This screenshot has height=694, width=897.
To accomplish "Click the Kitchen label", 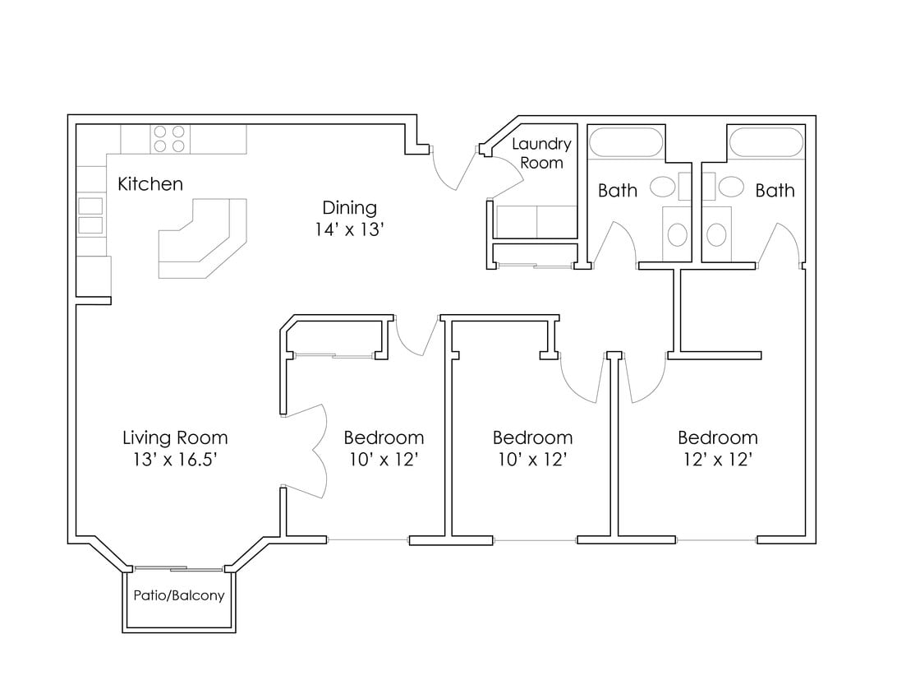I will [x=150, y=183].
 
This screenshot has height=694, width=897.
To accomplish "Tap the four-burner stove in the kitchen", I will [x=169, y=138].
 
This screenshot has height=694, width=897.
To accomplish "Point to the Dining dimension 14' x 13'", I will [x=349, y=230].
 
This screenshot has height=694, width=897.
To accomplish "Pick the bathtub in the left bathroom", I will [x=627, y=142].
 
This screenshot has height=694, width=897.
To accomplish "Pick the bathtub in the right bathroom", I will [x=766, y=142].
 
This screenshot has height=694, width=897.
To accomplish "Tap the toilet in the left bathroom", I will [x=678, y=234].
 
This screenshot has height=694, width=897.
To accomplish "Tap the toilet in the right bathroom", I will [x=716, y=234].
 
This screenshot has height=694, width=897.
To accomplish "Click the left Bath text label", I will [x=617, y=191].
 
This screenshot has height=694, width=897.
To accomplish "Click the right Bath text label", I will [x=775, y=191].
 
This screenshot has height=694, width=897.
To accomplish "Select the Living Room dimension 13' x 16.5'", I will [x=175, y=460].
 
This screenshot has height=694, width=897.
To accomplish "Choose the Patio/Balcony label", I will [x=179, y=595].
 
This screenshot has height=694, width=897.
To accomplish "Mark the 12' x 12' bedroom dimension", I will [x=717, y=460].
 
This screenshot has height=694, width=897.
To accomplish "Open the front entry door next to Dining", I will [x=453, y=169].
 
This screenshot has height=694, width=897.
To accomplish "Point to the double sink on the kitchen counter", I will [x=90, y=215].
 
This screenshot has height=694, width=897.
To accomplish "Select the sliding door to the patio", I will [x=178, y=568].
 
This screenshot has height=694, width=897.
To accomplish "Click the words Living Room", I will [x=175, y=437].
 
